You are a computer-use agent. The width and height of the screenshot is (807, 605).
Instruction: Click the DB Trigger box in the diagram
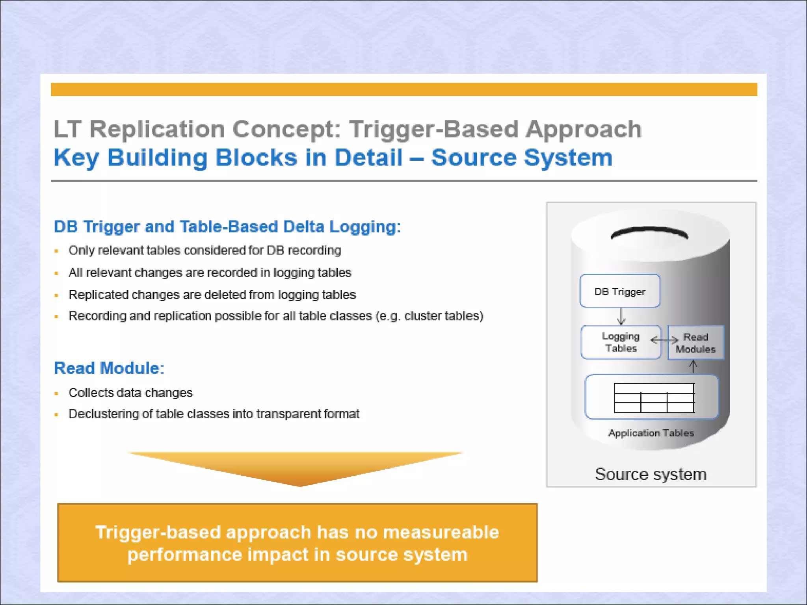620,291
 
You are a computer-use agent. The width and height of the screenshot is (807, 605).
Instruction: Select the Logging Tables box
621,342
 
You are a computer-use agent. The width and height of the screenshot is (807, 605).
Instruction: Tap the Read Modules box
696,343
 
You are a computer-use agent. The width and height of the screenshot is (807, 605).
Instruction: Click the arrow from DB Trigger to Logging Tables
621,316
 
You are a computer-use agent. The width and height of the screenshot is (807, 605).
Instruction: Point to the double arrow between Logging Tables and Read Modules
664,340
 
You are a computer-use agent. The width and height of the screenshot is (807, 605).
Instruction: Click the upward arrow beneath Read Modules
693,367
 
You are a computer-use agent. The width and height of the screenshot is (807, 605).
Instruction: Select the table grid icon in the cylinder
654,398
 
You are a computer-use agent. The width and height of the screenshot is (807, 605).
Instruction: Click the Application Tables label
651,433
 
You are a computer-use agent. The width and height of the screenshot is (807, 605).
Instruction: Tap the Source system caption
651,474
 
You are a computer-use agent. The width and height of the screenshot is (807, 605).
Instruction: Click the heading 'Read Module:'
109,368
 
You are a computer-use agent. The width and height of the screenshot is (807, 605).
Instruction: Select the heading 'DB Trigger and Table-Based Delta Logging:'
227,226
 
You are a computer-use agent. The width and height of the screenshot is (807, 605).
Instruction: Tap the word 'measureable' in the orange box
441,532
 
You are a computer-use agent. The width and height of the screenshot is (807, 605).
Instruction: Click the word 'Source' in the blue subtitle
473,158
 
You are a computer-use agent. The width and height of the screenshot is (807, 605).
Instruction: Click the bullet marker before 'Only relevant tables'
57,251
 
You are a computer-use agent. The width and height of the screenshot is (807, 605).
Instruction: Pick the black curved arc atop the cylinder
649,232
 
